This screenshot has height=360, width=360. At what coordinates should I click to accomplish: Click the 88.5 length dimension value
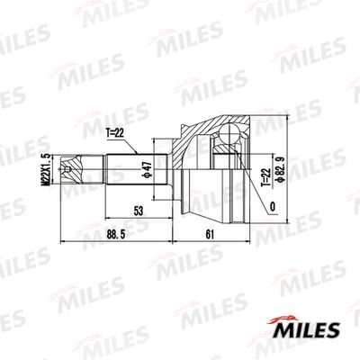coord(115,235)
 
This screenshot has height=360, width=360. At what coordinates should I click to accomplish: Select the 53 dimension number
coord(139,211)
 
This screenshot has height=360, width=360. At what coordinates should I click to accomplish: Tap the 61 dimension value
coord(210,235)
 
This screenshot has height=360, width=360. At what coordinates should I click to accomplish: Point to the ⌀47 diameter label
coord(148,170)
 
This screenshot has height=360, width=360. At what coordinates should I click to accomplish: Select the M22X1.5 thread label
coord(46,169)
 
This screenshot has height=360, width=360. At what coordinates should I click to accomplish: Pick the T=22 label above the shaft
coord(114,133)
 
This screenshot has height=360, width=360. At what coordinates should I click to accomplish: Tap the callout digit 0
coord(273,206)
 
